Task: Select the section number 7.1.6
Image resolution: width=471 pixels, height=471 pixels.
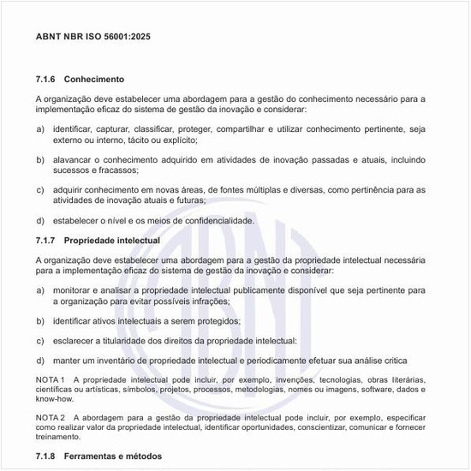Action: point(46,79)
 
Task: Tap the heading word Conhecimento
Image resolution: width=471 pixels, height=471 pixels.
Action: point(94,79)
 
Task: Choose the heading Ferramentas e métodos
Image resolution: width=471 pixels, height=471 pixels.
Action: point(113,456)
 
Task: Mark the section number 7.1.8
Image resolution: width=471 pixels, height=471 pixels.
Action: point(46,456)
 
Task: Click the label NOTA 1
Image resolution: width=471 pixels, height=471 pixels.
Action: point(51,379)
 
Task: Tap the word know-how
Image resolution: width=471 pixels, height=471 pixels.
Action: point(54,399)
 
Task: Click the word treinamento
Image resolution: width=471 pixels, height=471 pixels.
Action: point(57,436)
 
